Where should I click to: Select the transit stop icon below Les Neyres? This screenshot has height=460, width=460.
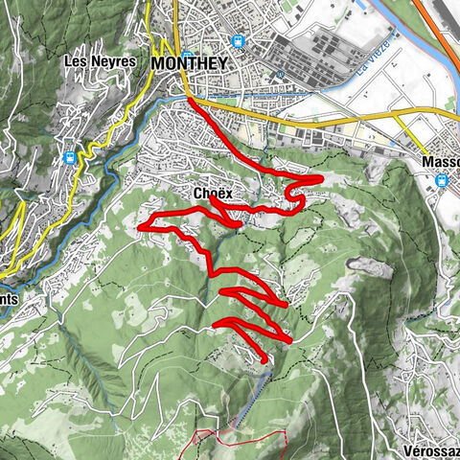68,157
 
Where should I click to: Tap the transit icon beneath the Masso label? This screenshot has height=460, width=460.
442,179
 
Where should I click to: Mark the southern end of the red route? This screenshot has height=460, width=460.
264,364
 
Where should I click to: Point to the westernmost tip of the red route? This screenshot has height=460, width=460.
141,226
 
